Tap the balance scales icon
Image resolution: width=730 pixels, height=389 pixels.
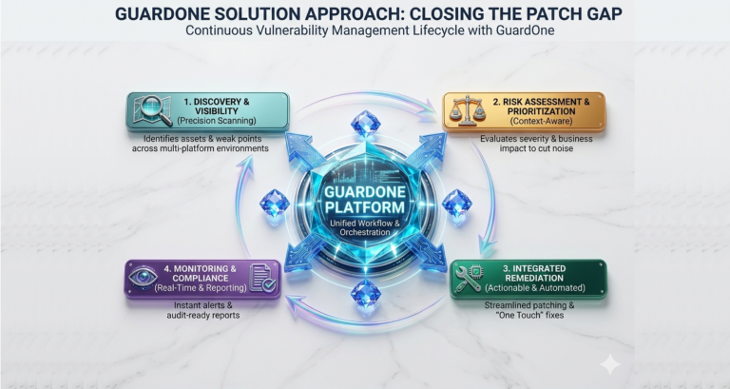pos(468,111)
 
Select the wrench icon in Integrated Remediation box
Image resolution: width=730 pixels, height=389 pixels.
pos(469,278)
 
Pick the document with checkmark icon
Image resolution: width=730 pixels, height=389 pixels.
pos(262,278)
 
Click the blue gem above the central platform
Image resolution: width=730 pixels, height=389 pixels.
pos(365,124)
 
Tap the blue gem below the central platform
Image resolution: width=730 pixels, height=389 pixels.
pos(365,294)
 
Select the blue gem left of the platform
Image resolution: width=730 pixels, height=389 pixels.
pos(275,204)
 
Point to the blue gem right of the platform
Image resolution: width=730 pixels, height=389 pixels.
pos(456,204)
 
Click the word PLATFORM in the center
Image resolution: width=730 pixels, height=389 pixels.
pos(365,207)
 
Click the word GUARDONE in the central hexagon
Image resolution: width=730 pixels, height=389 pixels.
pos(365,192)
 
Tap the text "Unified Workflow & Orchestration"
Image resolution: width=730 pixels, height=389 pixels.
pos(365,227)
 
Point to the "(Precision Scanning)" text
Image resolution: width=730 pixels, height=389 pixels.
pos(217,121)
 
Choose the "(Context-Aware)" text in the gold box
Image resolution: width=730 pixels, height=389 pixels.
pos(542,121)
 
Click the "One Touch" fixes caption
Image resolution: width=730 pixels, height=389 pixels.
pos(529,316)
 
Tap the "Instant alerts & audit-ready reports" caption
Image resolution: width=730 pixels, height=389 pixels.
pos(203,310)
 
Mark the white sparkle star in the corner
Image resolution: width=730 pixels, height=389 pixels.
pos(610,364)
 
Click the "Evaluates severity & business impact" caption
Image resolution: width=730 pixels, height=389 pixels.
pos(536,144)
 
